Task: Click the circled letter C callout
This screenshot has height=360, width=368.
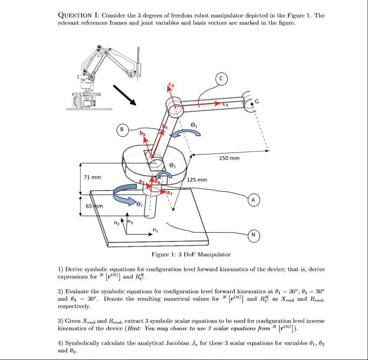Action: pos(221,79)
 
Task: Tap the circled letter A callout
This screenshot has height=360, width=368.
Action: pos(253,200)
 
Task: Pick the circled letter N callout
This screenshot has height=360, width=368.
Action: pos(253,235)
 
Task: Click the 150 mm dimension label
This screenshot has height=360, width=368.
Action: pos(230,158)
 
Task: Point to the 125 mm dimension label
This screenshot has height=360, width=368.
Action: pos(198,179)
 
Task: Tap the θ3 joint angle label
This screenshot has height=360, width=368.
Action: pos(194,125)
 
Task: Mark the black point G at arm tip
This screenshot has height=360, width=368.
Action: pos(252,105)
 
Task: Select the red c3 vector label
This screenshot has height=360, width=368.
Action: pos(170,85)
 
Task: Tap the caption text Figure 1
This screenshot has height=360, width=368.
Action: pos(191,254)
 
